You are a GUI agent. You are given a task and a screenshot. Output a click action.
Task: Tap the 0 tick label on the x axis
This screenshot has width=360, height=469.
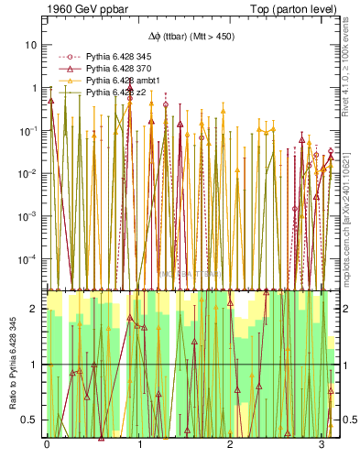point(47,444)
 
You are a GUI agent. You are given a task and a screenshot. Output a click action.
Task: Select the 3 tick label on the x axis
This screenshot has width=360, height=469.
point(322,444)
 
